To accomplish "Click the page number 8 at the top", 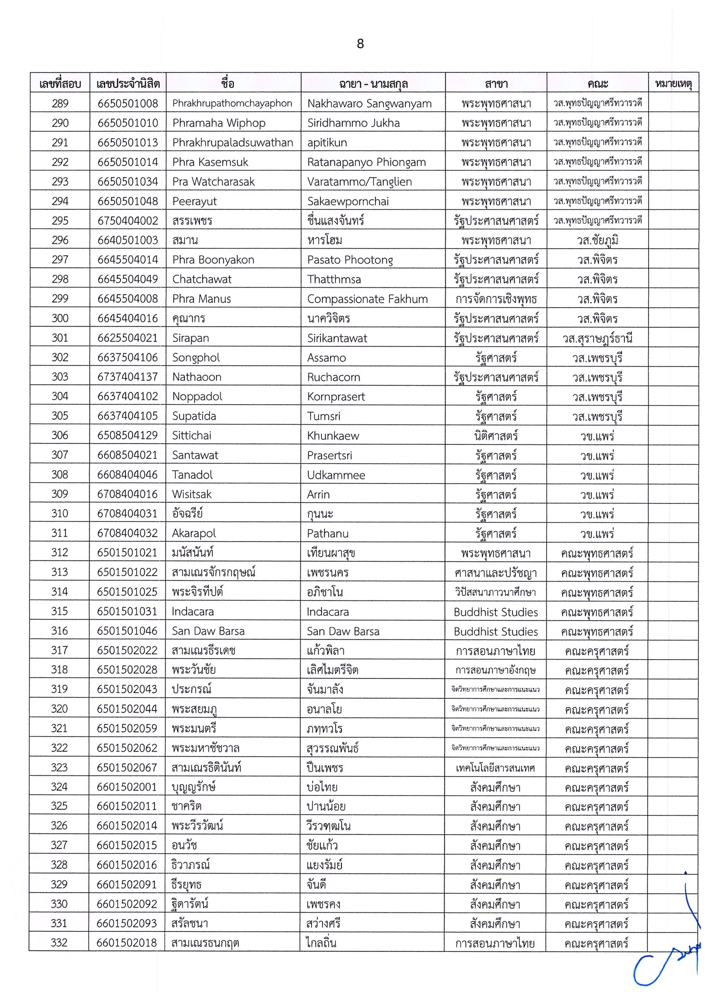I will coord(360,44).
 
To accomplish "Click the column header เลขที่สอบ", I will coord(60,84).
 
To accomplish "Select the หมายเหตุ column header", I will coord(673,84).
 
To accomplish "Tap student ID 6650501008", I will coord(128,104).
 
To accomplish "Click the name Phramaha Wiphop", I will coord(219,123).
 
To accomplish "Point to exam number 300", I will coord(60,318).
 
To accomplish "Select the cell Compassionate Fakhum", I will coord(367,299).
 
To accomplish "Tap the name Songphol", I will coord(196,357).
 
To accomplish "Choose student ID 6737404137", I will coord(128,376).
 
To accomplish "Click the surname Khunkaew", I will coord(333,436).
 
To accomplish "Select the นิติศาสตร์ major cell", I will coord(496,436).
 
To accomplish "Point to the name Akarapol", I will coord(194,533).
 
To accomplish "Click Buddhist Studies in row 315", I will coord(496,611).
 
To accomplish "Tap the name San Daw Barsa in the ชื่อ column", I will coord(208,631).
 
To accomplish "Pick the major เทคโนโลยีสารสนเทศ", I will coord(496,768).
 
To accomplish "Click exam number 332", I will coord(60,942).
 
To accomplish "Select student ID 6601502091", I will coord(127,884).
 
